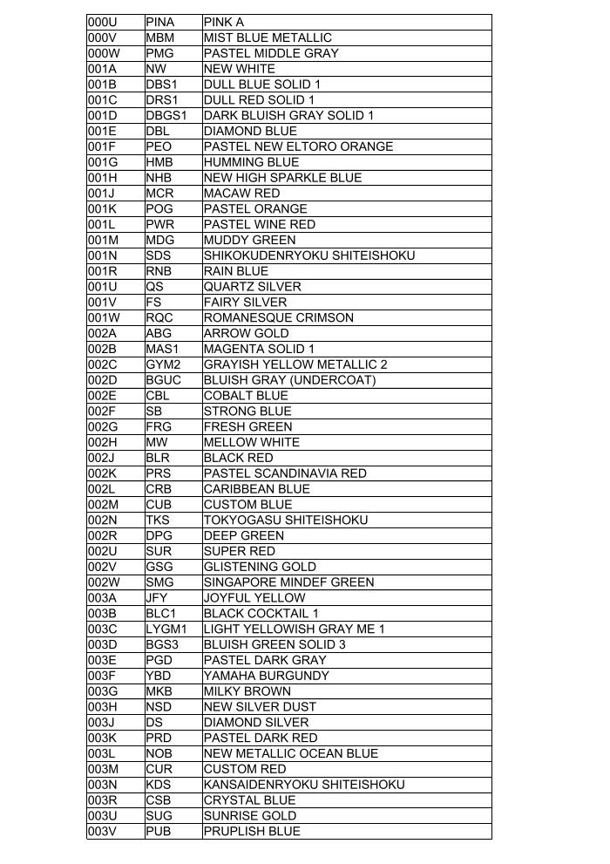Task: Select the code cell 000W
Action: [104, 53]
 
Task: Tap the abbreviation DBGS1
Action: [166, 115]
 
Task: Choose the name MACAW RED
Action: [241, 193]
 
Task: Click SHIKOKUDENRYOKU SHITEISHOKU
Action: [308, 255]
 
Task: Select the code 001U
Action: [102, 287]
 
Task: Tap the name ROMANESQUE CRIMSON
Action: [278, 317]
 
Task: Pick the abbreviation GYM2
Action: [163, 364]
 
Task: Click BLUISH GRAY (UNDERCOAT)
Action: [289, 380]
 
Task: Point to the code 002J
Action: [101, 458]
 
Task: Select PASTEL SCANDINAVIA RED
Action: [285, 473]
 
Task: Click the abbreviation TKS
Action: [158, 520]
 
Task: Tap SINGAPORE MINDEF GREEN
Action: [288, 582]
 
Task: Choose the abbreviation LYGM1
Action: [166, 629]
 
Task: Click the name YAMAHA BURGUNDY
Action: [266, 676]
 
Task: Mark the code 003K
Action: [102, 738]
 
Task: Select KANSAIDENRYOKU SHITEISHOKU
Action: [304, 785]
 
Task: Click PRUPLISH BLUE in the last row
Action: [251, 831]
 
